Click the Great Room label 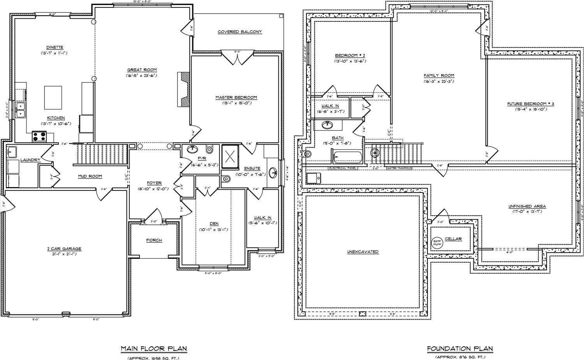pyautogui.click(x=142, y=70)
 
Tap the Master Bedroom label pyautogui.click(x=236, y=97)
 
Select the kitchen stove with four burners pyautogui.click(x=39, y=137)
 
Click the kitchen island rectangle pyautogui.click(x=53, y=98)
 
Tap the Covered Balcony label pyautogui.click(x=239, y=32)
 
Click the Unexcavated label pyautogui.click(x=362, y=252)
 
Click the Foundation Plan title pyautogui.click(x=460, y=348)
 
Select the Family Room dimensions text pyautogui.click(x=439, y=81)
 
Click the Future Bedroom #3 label pyautogui.click(x=530, y=104)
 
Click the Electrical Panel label pyautogui.click(x=343, y=168)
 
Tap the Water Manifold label pyautogui.click(x=399, y=168)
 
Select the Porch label pyautogui.click(x=154, y=240)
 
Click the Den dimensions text pyautogui.click(x=214, y=229)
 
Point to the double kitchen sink pyautogui.click(x=20, y=109)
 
